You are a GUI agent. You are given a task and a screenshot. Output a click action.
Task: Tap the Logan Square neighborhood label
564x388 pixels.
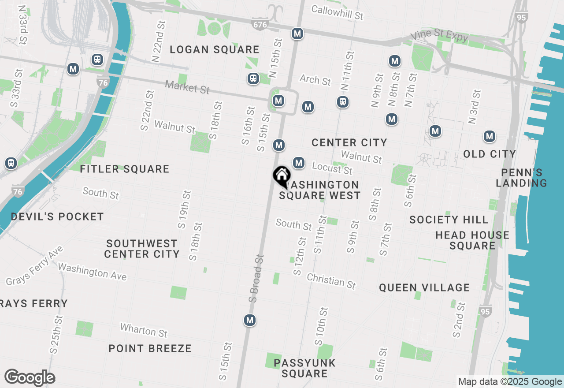215,49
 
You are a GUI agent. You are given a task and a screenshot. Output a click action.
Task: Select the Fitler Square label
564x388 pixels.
125,169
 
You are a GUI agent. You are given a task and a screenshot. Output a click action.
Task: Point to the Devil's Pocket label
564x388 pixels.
57,216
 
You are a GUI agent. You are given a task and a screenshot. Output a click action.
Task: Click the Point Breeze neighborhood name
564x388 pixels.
150,348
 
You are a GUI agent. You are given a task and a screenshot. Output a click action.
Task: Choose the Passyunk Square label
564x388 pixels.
304,368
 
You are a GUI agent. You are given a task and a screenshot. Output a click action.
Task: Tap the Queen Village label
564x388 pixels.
424,287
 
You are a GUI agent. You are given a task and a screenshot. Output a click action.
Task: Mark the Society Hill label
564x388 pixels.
449,220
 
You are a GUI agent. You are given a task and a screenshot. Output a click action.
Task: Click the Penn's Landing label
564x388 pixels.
522,178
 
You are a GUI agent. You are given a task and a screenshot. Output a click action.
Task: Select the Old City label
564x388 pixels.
490,154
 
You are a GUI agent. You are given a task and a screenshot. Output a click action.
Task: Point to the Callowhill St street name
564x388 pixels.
338,12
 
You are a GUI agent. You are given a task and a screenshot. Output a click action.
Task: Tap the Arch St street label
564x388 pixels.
315,80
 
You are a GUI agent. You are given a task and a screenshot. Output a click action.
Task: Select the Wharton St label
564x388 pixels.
144,330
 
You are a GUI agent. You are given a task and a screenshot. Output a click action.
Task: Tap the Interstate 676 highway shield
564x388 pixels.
260,25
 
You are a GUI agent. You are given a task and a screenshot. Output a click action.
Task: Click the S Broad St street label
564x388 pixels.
256,278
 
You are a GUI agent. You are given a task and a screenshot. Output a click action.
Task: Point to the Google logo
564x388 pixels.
30,378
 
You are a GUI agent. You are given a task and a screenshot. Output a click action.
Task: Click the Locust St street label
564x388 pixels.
332,168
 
